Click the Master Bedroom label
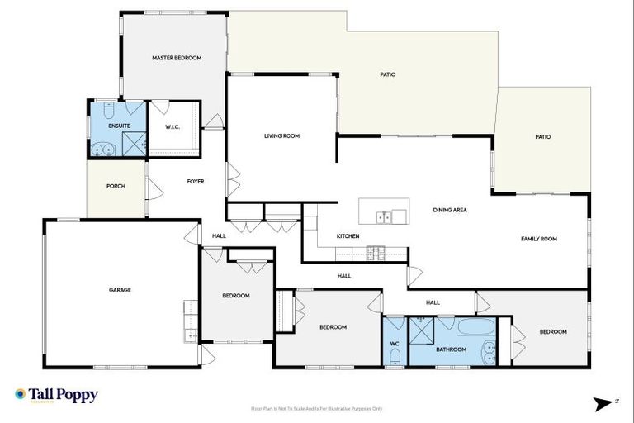click(x=177, y=58)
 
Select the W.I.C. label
click(x=173, y=127)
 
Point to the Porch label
click(x=116, y=186)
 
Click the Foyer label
click(x=196, y=181)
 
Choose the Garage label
click(x=121, y=290)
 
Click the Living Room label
click(x=282, y=135)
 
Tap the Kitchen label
click(x=348, y=236)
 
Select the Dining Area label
click(x=450, y=210)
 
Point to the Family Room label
click(x=539, y=239)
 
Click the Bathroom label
click(x=452, y=349)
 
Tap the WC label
click(x=394, y=345)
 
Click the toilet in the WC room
click(x=395, y=358)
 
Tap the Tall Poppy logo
click(x=56, y=395)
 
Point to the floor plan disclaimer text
click(x=316, y=408)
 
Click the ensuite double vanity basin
click(x=102, y=150)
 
